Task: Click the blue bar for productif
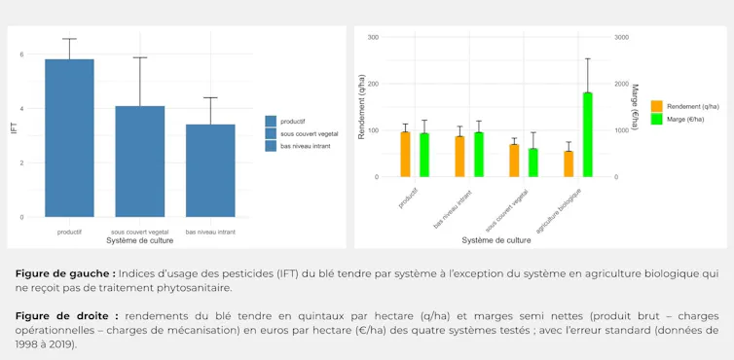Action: (69, 138)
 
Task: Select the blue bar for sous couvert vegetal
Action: (140, 162)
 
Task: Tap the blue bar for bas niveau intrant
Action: (210, 171)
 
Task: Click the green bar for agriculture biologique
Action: (587, 135)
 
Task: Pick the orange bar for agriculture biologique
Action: (569, 163)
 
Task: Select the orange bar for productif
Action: (405, 155)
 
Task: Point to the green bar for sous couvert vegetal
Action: (533, 162)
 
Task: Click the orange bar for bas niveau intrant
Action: (459, 157)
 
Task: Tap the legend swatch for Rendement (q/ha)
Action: (656, 106)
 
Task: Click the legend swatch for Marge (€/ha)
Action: (656, 119)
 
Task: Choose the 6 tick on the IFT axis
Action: (21, 54)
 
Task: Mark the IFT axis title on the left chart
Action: (14, 128)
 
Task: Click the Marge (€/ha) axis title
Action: (636, 107)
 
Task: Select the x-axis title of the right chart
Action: (496, 240)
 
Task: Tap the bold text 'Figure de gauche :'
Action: (65, 273)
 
